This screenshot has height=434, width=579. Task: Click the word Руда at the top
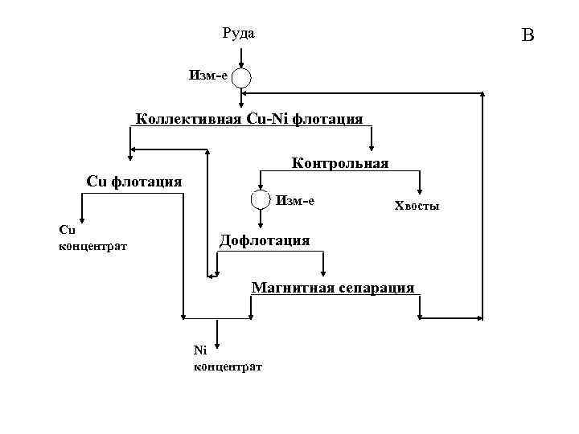tap(238, 33)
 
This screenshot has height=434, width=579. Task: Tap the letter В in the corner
tap(528, 35)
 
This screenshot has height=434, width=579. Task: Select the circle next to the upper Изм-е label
tap(241, 77)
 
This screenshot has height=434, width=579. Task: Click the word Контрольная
tap(340, 163)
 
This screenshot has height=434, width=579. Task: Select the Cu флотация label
tap(133, 181)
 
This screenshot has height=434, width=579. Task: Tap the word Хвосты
tap(417, 207)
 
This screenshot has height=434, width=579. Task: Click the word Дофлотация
tap(265, 240)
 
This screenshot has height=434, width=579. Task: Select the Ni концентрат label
tap(228, 358)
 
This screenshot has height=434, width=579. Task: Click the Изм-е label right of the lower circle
tap(295, 200)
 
